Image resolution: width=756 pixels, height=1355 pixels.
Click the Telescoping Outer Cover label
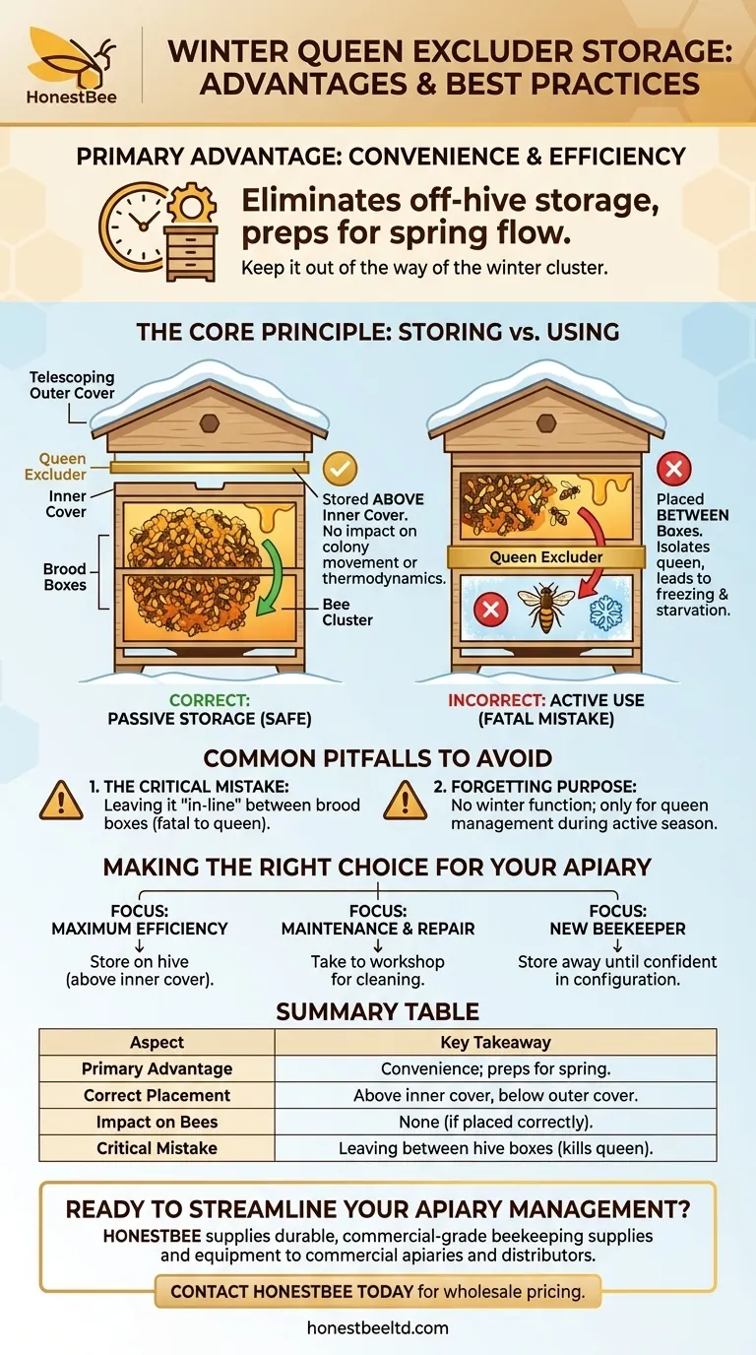coord(72,385)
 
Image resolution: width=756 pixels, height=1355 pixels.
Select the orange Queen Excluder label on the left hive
coord(63,467)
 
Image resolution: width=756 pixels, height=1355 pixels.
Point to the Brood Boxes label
coord(65,577)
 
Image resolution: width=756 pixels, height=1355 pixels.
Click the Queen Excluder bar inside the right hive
coord(546,557)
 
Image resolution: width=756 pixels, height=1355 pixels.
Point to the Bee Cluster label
coord(347,612)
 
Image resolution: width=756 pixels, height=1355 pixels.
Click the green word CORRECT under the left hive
coord(209,700)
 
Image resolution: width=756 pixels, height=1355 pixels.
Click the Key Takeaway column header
coord(495,1042)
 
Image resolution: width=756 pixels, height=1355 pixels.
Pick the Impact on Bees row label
coord(157,1122)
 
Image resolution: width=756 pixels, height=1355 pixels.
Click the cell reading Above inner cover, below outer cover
coord(495,1095)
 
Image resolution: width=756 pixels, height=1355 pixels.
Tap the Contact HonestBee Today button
coord(378,1291)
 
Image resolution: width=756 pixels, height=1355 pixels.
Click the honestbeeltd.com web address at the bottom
coord(378,1327)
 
